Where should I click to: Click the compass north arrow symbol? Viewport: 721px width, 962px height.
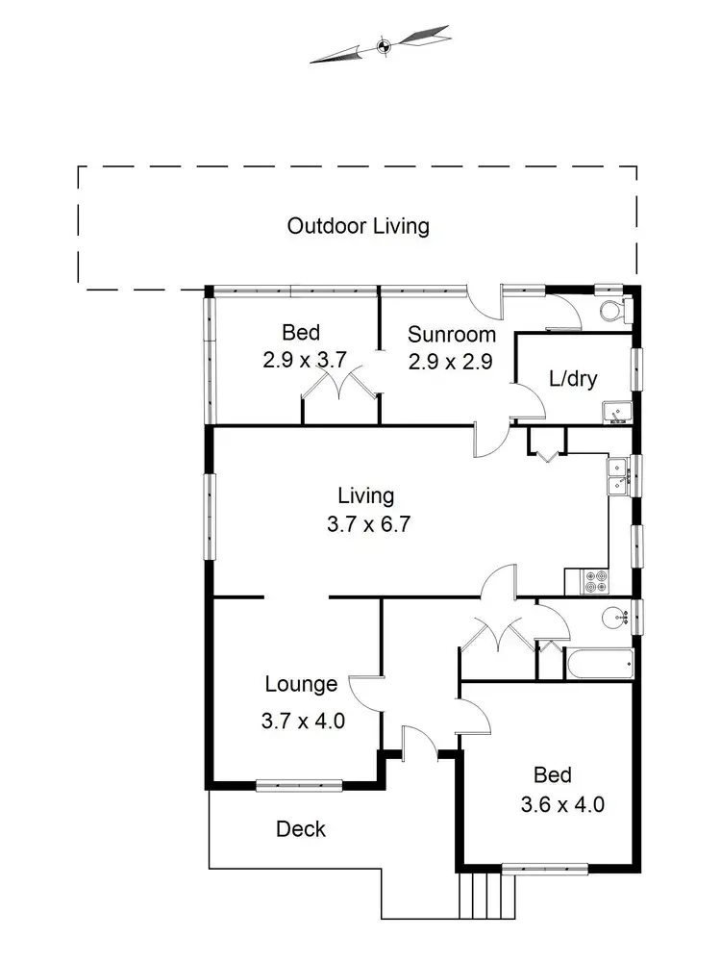click(x=381, y=44)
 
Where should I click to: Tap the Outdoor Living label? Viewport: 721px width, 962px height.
click(x=358, y=226)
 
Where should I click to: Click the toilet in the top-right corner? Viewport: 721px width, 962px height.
click(x=611, y=311)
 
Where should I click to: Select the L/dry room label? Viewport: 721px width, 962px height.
click(x=572, y=378)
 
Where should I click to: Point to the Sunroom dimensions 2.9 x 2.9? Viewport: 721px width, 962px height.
click(x=451, y=363)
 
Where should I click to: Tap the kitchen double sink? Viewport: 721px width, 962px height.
click(x=616, y=476)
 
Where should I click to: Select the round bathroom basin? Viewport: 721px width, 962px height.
click(x=612, y=617)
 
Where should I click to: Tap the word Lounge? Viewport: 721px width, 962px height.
click(x=301, y=684)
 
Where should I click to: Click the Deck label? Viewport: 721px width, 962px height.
click(x=301, y=828)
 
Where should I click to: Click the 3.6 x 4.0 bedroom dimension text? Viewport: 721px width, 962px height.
click(x=569, y=804)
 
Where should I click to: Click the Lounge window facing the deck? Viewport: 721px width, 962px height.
click(x=299, y=784)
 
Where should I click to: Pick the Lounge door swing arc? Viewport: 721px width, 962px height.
click(x=363, y=688)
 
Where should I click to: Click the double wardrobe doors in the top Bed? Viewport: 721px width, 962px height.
click(x=339, y=390)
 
